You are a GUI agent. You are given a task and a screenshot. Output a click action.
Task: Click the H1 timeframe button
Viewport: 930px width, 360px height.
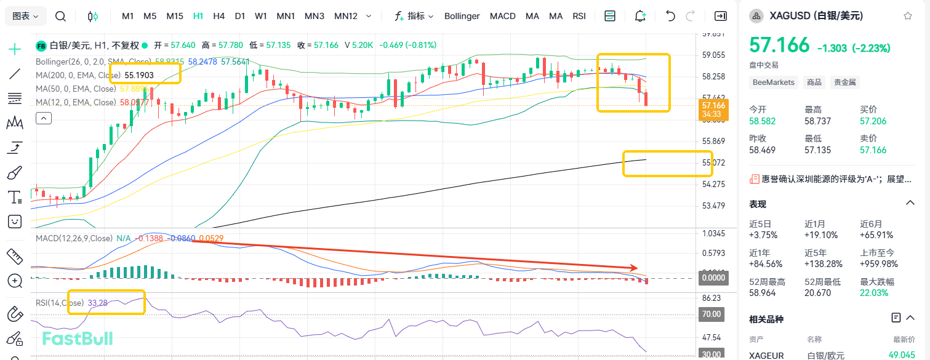coord(198,16)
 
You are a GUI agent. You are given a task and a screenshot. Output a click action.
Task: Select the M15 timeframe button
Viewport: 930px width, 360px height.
coord(175,16)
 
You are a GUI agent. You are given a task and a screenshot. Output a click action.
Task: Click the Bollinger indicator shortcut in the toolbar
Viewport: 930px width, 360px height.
coord(462,16)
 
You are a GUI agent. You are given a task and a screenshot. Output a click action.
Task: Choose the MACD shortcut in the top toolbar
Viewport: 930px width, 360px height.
coord(502,16)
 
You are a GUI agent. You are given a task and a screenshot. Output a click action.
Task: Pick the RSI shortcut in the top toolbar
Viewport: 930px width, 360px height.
coord(579,16)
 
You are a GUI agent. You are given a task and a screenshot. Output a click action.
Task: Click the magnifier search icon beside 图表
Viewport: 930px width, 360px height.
coord(60,16)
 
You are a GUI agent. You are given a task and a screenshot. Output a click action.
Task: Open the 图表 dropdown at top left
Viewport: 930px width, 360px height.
coord(25,16)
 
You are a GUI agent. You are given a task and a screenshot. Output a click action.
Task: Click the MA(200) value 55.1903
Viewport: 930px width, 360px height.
coord(139,75)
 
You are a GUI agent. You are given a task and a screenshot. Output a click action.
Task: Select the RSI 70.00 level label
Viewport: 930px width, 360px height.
coord(712,314)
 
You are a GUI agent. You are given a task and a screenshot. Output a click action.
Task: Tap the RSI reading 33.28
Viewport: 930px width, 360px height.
coord(98,303)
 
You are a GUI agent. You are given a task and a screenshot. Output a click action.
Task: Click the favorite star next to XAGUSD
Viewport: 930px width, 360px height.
coord(908,16)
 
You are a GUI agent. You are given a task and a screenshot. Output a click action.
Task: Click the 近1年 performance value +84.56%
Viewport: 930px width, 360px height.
coord(766,264)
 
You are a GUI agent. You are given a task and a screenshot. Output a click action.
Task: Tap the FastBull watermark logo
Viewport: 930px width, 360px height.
coord(78,338)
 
